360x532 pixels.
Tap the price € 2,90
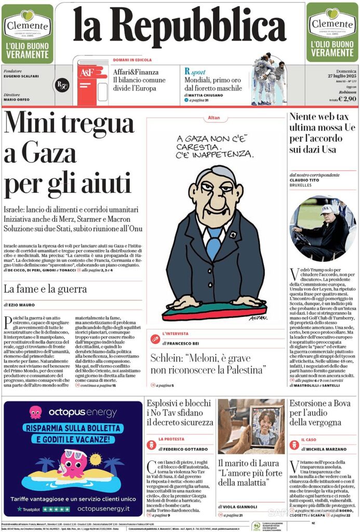(x=346, y=98)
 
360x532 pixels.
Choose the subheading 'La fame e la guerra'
(x=45, y=289)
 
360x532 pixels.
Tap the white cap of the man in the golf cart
(x=327, y=209)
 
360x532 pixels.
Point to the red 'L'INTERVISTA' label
(x=176, y=334)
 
